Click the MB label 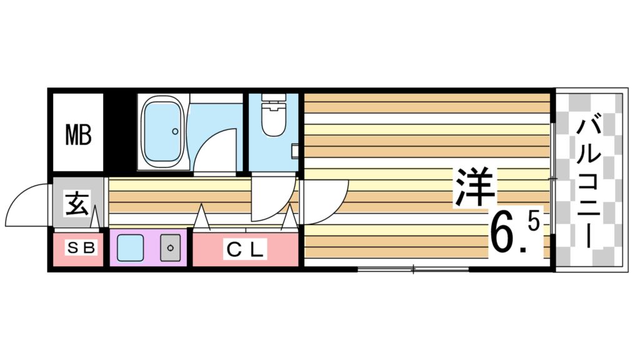79,134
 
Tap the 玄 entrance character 76,204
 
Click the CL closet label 245,249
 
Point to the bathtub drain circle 175,132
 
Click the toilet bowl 272,122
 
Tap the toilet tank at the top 272,99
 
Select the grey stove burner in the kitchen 170,248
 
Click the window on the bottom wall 412,269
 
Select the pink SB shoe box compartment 77,249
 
